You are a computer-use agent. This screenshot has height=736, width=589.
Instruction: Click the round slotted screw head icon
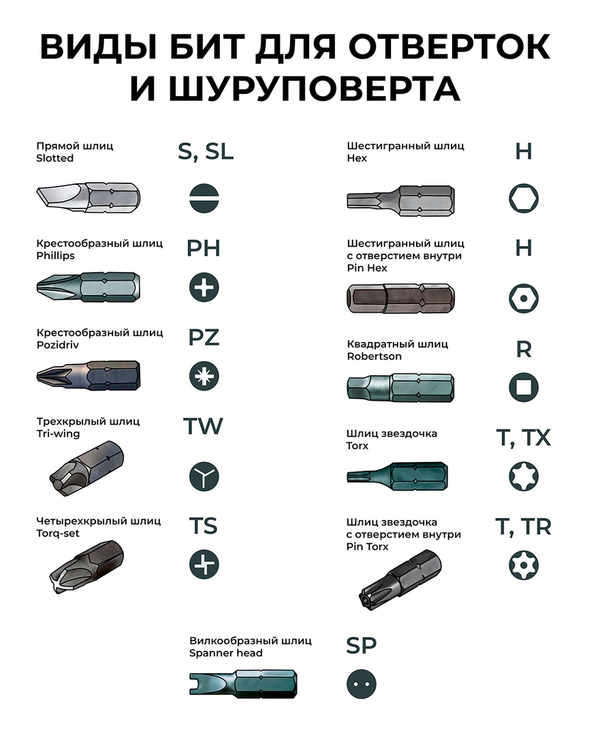[x=204, y=198]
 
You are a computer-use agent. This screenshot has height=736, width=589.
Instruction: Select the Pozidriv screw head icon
[x=204, y=376]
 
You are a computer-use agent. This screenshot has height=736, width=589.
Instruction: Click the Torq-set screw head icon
[x=204, y=564]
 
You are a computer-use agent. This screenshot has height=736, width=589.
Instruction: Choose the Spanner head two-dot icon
[x=361, y=684]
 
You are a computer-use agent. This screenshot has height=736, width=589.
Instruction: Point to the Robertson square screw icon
[x=524, y=387]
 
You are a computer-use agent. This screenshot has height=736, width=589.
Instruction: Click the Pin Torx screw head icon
[x=524, y=564]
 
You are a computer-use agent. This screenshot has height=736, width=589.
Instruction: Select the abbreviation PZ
[x=204, y=337]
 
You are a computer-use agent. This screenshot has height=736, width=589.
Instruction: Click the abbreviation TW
[x=203, y=426]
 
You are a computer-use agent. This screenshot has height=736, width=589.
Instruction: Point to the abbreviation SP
[x=361, y=645]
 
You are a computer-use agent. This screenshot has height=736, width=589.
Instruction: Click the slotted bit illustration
[x=88, y=198]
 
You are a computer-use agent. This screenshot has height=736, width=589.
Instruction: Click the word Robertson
[x=374, y=356]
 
